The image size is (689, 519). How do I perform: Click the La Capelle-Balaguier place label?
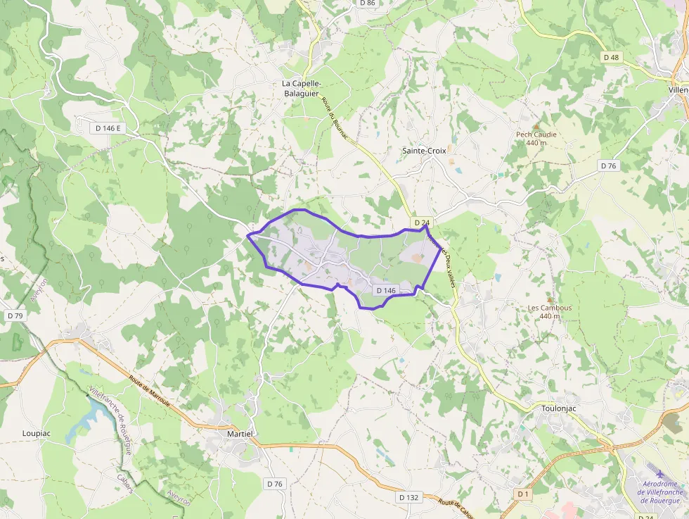pos(301,88)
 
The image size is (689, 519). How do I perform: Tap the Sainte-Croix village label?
pos(424,151)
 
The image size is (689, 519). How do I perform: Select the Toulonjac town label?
pos(560,408)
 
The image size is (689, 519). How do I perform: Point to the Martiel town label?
pos(240,434)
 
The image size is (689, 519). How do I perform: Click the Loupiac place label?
pos(36,433)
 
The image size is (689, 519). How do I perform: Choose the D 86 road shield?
pos(367,4)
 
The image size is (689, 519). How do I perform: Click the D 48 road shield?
pos(611,57)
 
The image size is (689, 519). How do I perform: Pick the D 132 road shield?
pos(408,497)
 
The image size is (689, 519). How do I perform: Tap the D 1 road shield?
pos(522,494)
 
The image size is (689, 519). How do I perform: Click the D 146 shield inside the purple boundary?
pos(387,290)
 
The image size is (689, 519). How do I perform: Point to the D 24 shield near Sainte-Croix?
pos(422,223)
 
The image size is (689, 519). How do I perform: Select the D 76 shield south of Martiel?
pos(274,484)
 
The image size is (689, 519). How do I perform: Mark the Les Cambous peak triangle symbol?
pos(550,299)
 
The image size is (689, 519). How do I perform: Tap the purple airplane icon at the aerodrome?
pos(659,473)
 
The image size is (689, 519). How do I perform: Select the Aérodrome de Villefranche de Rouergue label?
pos(659,492)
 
